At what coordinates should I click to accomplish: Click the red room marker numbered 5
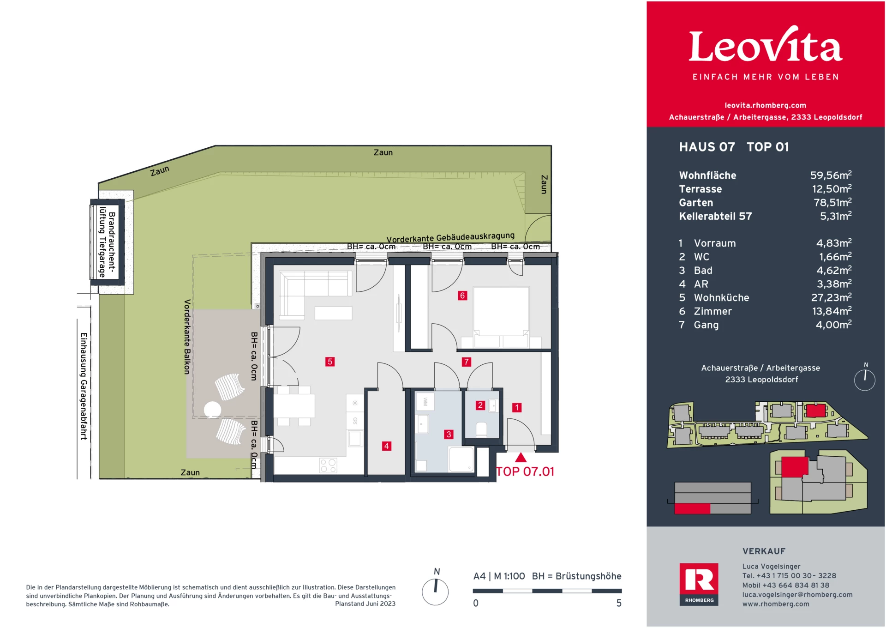[x=329, y=362]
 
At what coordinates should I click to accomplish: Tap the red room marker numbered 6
[x=462, y=296]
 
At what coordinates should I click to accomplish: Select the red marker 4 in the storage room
[x=386, y=446]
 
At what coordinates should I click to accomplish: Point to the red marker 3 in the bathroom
[x=449, y=435]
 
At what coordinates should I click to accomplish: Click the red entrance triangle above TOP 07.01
[x=521, y=458]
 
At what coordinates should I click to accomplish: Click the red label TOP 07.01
[x=525, y=471]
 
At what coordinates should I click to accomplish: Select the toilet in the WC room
[x=481, y=429]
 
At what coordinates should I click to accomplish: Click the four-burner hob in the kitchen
[x=328, y=465]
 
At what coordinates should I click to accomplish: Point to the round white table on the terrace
[x=213, y=410]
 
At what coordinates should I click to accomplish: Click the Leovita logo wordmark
[x=765, y=46]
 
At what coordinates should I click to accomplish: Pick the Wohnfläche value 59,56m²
[x=830, y=175]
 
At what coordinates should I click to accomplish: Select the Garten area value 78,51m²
[x=832, y=203]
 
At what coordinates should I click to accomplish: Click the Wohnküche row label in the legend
[x=721, y=298]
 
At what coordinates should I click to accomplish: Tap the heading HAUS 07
[x=706, y=147]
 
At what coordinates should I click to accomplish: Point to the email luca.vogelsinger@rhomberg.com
[x=797, y=595]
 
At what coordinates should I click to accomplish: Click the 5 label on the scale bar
[x=619, y=603]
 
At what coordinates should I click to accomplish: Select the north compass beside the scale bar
[x=435, y=592]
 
